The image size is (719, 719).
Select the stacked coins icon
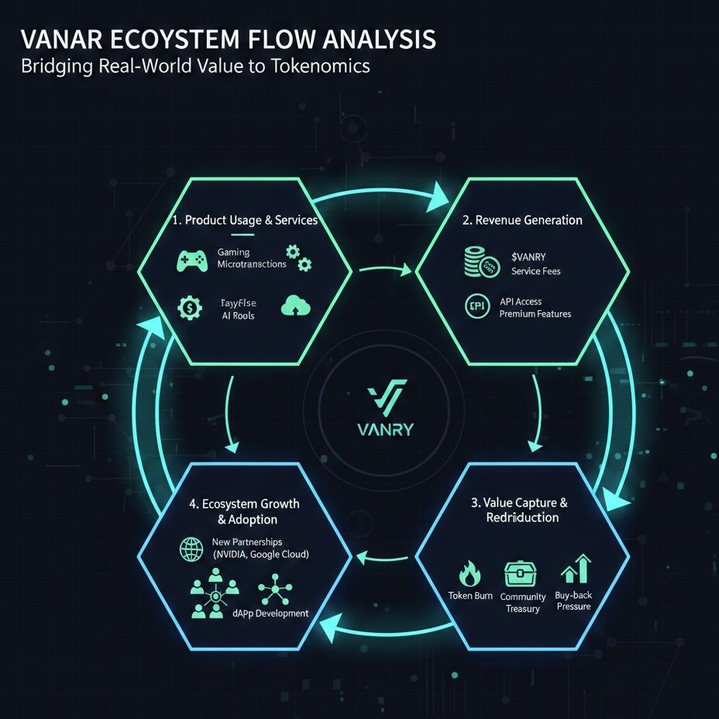pos(480,262)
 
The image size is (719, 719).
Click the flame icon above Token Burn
pos(470,574)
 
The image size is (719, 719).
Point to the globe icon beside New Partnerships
pos(190,549)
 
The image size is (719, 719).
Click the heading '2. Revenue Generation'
pos(522,220)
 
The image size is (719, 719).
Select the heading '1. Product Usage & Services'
pos(246,220)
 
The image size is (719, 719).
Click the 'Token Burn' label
pos(470,596)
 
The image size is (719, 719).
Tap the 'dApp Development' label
pos(270,613)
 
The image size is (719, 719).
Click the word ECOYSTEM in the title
pos(177,39)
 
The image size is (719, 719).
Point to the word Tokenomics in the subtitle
pos(315,66)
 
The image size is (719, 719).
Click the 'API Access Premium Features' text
pos(535,308)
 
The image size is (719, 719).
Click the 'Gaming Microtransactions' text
pos(252,258)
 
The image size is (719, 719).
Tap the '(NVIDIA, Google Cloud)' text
pos(260,555)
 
